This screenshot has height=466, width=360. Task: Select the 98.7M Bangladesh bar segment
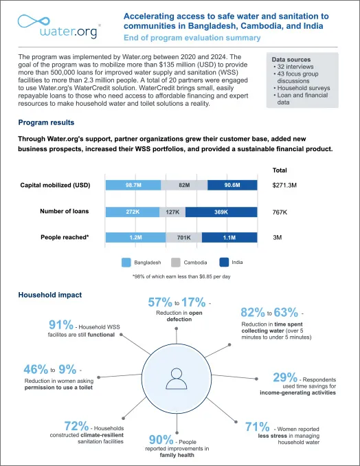point(133,185)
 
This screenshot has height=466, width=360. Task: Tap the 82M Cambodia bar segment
point(184,185)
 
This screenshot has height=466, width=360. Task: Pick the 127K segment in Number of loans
point(172,212)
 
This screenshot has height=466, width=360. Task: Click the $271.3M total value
point(285,185)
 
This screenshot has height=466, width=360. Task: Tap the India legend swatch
point(224,262)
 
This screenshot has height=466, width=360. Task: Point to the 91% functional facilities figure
point(61,325)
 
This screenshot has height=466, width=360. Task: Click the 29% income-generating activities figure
point(284,377)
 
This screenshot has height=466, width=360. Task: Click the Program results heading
point(46,122)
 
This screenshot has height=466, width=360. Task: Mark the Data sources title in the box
point(291,60)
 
